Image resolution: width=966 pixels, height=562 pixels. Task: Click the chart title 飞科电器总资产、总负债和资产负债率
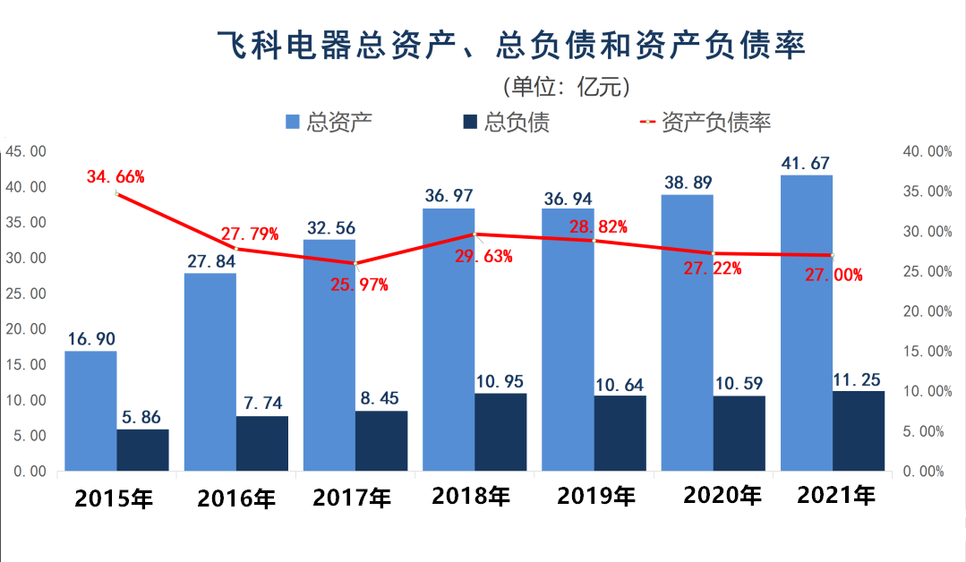[x=511, y=45]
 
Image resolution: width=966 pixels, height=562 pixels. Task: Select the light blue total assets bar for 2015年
[x=90, y=411]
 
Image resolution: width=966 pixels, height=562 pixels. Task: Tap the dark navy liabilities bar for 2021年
[x=859, y=430]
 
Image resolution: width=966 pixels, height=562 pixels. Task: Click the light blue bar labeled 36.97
[x=449, y=339]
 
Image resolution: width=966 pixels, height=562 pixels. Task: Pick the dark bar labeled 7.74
[x=263, y=443]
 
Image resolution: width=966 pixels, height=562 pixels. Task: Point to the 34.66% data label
[x=115, y=176]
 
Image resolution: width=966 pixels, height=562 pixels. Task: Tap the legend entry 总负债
[x=505, y=122]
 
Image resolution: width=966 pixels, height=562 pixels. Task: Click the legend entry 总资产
[x=329, y=122]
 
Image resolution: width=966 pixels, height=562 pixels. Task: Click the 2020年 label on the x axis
[x=721, y=495]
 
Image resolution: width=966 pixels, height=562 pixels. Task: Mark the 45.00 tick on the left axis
[x=26, y=151]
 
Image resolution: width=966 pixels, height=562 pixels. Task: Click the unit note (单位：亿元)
[x=567, y=87]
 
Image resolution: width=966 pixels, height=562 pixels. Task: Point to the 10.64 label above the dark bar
[x=619, y=385]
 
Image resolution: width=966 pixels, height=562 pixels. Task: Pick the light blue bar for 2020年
[x=687, y=332]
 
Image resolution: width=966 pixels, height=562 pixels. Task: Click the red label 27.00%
[x=833, y=276]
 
